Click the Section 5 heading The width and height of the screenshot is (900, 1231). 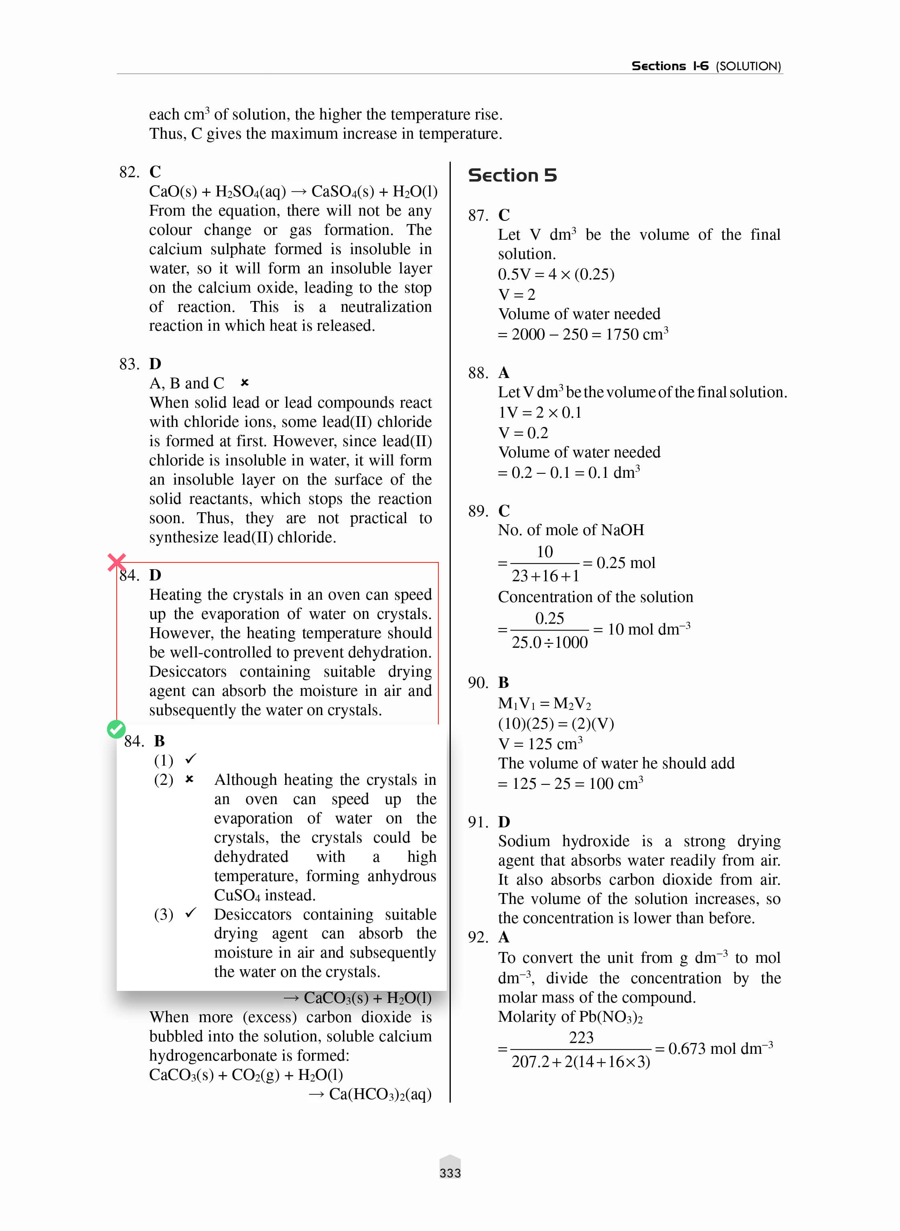click(x=512, y=175)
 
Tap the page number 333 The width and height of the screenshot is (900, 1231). click(x=450, y=1173)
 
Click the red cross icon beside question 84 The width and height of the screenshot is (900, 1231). click(x=117, y=562)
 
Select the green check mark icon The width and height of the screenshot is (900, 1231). click(x=116, y=729)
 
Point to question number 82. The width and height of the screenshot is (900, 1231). click(x=129, y=172)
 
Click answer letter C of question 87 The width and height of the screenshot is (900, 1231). click(x=504, y=215)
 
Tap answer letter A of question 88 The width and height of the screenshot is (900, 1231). click(x=504, y=373)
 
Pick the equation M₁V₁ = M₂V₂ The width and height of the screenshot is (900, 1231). click(x=544, y=703)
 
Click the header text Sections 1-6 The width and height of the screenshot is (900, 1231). click(x=669, y=66)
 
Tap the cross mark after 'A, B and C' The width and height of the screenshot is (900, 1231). click(x=245, y=383)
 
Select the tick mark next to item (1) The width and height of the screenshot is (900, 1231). click(x=191, y=758)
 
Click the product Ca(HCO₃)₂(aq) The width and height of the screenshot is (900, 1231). click(x=380, y=1094)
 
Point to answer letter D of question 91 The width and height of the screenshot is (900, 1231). click(x=504, y=822)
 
